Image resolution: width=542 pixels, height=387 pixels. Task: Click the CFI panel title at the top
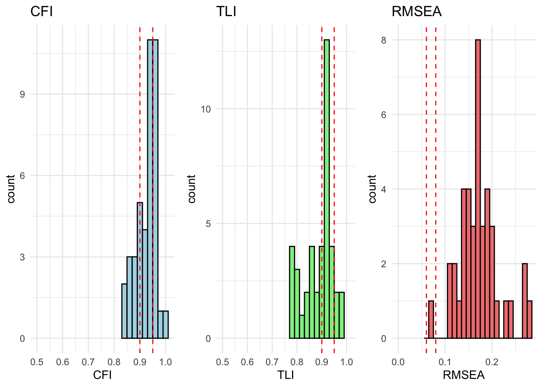[x=42, y=12]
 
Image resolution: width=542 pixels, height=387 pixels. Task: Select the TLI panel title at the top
[x=226, y=12]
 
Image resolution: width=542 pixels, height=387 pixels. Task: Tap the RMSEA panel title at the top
[x=416, y=12]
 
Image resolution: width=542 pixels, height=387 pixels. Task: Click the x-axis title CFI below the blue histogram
[x=102, y=375]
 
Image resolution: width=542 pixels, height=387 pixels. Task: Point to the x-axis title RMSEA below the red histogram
[x=463, y=375]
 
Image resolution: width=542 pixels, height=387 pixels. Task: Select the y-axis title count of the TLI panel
[x=192, y=189]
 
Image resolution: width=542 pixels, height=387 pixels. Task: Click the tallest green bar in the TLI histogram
[x=327, y=189]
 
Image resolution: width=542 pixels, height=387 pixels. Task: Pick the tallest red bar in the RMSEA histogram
[x=478, y=189]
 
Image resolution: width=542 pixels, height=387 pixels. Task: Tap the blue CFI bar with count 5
[x=140, y=270]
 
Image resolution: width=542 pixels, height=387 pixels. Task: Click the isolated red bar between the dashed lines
[x=431, y=320]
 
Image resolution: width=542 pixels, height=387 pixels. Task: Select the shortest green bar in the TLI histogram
[x=302, y=327]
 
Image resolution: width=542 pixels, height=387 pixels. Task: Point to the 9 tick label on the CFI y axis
[x=22, y=94]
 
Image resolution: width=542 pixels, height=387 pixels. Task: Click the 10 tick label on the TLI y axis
[x=206, y=109]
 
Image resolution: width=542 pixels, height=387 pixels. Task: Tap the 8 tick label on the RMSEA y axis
[x=384, y=40]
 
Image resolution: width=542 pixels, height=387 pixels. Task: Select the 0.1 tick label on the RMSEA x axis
[x=445, y=362]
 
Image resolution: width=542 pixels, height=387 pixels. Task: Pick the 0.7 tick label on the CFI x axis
[x=88, y=362]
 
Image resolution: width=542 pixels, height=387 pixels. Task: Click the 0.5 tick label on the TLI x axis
[x=222, y=362]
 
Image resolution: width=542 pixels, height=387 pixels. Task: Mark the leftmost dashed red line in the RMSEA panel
[x=426, y=181]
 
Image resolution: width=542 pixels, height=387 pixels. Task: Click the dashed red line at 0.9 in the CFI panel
[x=140, y=121]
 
